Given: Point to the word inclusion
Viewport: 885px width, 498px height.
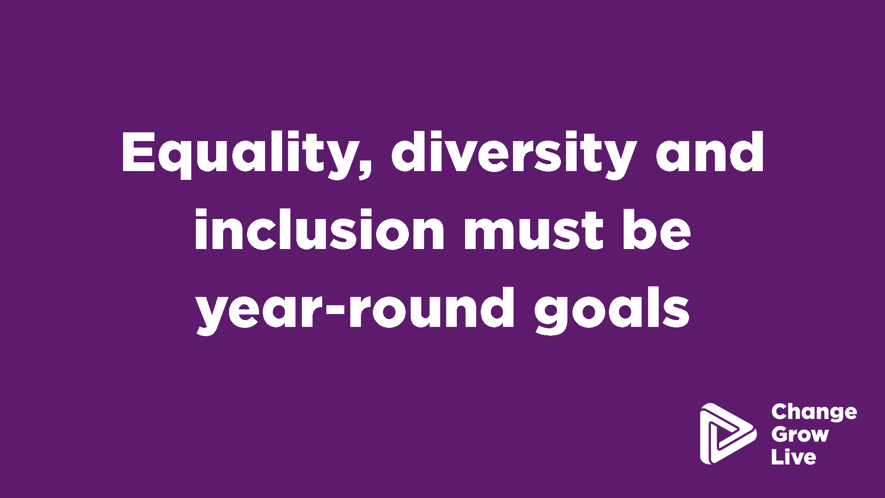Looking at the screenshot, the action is point(319,229).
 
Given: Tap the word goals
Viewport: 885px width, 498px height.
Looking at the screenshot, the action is point(612,310).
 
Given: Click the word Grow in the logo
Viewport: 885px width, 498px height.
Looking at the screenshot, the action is point(800,434).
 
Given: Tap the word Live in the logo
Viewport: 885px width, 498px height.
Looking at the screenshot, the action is point(794,456).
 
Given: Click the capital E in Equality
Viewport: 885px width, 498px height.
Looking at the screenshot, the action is point(138,152).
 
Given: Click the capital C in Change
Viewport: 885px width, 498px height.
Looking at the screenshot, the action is point(779,412).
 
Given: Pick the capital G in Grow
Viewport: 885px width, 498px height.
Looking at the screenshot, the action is point(780,434).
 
